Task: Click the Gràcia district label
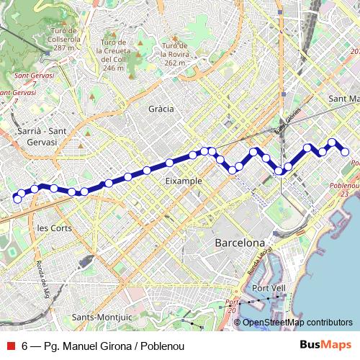point(161,109)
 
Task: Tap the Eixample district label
point(184,181)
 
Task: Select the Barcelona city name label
point(240,243)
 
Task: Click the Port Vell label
point(269,288)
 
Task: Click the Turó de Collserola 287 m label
point(64,39)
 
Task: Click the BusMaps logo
point(326,346)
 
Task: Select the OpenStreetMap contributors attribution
point(297,323)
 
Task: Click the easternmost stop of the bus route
point(345,152)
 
